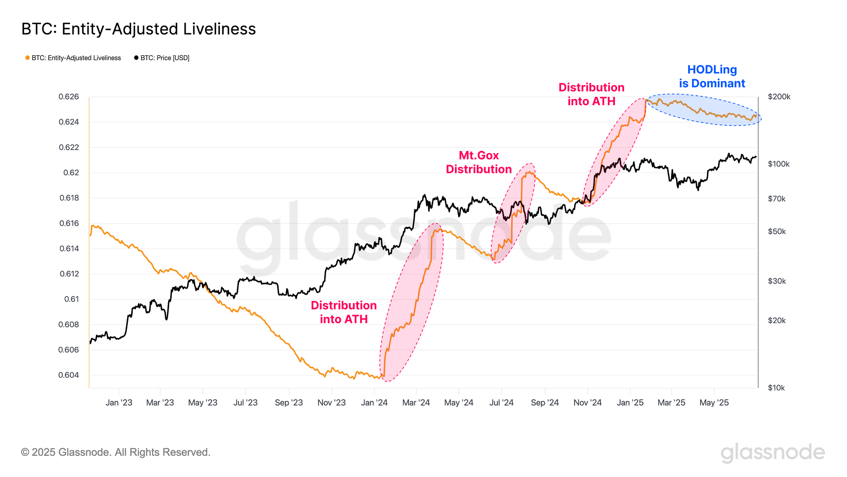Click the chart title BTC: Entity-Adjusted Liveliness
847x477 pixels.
(138, 29)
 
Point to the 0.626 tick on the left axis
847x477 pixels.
(69, 97)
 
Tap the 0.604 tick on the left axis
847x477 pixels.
(69, 375)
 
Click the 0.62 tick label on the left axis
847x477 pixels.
(71, 173)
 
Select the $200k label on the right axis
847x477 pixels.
(779, 97)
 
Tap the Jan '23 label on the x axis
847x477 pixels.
(119, 402)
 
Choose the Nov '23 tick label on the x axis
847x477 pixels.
(331, 402)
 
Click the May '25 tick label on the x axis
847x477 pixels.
(714, 402)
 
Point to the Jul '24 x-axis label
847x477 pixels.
(501, 402)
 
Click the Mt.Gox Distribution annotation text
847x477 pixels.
(479, 162)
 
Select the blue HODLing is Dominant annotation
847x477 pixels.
(712, 76)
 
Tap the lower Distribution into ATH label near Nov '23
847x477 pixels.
(343, 312)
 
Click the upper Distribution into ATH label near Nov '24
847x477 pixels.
(591, 94)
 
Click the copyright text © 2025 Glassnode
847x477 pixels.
(116, 452)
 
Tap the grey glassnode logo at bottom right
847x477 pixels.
(772, 452)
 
